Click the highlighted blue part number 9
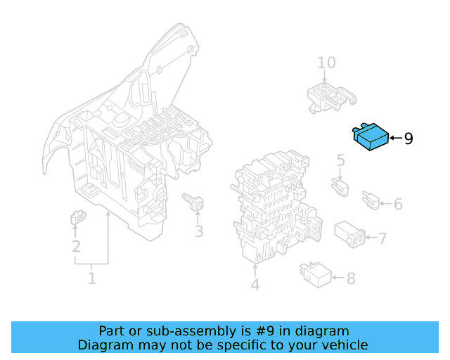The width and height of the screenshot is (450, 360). pyautogui.click(x=371, y=136)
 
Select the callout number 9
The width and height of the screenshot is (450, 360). pyautogui.click(x=409, y=139)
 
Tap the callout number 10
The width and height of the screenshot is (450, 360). pyautogui.click(x=326, y=63)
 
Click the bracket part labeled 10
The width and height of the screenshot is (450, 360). pyautogui.click(x=331, y=98)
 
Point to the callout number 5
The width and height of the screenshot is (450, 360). pyautogui.click(x=340, y=160)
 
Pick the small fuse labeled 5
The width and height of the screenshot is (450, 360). pyautogui.click(x=340, y=187)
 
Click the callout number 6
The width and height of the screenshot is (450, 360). pyautogui.click(x=398, y=204)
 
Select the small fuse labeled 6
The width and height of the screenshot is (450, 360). pyautogui.click(x=371, y=200)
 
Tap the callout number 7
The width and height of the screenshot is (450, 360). pyautogui.click(x=382, y=238)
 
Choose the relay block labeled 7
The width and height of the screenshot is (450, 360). pyautogui.click(x=350, y=234)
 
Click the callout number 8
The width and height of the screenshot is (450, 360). pyautogui.click(x=351, y=278)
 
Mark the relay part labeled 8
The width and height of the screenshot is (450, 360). pyautogui.click(x=316, y=274)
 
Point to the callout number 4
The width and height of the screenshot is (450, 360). pyautogui.click(x=255, y=285)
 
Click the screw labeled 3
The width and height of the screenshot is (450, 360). pyautogui.click(x=193, y=202)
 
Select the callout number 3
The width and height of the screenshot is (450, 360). pyautogui.click(x=199, y=231)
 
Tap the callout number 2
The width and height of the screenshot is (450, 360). pyautogui.click(x=76, y=246)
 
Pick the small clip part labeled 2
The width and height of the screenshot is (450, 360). pyautogui.click(x=78, y=217)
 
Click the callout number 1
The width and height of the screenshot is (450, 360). pyautogui.click(x=91, y=278)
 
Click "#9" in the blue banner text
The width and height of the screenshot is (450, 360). pyautogui.click(x=264, y=331)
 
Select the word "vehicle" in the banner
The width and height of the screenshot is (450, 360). pyautogui.click(x=348, y=345)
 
